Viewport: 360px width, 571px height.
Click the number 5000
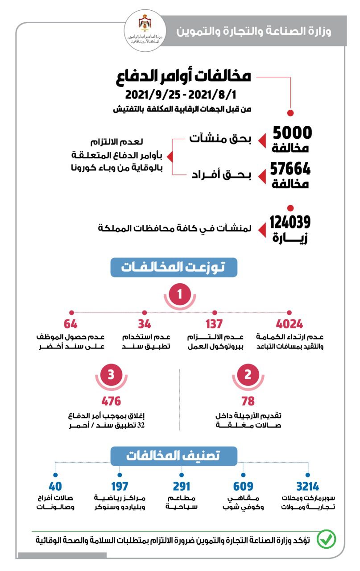[x=292, y=133]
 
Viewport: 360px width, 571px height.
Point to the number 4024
[x=289, y=324]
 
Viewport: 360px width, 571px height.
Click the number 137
[x=215, y=324]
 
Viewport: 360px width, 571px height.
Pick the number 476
[x=111, y=401]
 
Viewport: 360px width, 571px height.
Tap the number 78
[x=248, y=401]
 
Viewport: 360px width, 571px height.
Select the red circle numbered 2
[x=248, y=374]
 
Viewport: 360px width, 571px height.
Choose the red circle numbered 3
[x=111, y=374]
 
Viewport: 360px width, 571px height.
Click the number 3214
[x=307, y=486]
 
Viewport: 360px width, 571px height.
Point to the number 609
[x=243, y=486]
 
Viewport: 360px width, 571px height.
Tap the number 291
[x=182, y=486]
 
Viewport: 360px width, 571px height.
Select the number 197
[x=119, y=486]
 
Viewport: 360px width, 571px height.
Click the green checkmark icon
[x=326, y=540]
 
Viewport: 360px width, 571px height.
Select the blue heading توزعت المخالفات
[x=174, y=267]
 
